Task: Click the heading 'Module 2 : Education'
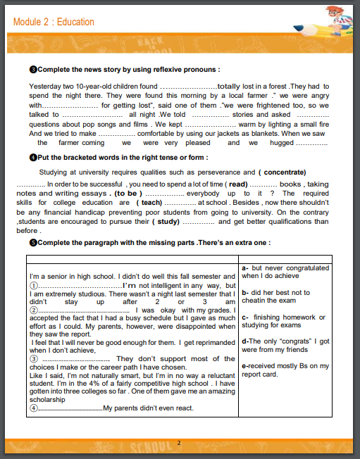click(x=54, y=22)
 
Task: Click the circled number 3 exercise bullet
click(x=32, y=70)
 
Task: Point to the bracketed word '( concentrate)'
click(x=282, y=172)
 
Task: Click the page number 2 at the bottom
click(x=179, y=443)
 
